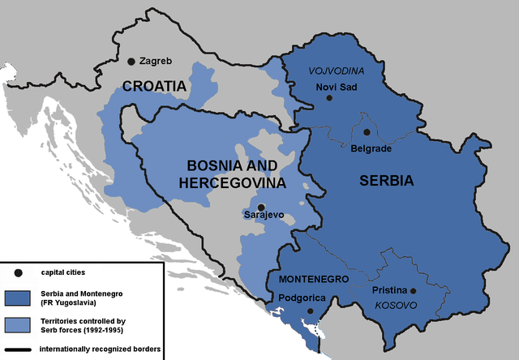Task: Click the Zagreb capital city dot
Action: point(131,61)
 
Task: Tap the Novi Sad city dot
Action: point(329,98)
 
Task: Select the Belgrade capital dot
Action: point(367,132)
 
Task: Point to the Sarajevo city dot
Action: point(261,207)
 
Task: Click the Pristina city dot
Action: point(413,291)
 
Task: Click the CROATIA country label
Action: point(155,85)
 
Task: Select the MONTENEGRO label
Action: point(314,278)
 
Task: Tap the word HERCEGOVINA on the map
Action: point(233,183)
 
